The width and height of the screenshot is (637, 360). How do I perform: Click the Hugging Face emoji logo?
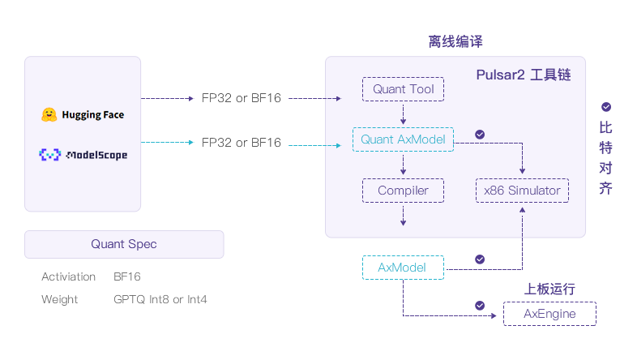[x=49, y=115]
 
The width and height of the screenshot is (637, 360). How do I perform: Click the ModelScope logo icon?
[x=49, y=154]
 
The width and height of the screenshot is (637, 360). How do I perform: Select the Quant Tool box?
[x=403, y=89]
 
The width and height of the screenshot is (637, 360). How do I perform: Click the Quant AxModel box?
[x=403, y=139]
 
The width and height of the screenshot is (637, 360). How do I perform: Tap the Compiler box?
[x=403, y=191]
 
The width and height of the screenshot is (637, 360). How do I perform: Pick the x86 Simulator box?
[x=522, y=191]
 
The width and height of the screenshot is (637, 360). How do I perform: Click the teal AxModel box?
[x=403, y=268]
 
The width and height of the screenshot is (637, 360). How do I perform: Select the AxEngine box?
[x=549, y=314]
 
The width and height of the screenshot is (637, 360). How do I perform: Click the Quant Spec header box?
[x=124, y=244]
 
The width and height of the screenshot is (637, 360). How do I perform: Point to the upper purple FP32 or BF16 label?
[x=242, y=98]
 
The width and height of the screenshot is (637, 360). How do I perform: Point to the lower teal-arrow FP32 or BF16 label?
[x=242, y=143]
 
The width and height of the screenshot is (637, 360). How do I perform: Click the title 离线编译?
[x=455, y=41]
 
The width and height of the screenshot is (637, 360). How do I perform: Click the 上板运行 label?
[x=549, y=289]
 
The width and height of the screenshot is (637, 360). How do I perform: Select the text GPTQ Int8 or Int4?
[x=160, y=299]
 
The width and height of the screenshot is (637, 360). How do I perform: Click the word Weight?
[x=60, y=299]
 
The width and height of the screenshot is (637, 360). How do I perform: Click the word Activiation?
[x=69, y=276]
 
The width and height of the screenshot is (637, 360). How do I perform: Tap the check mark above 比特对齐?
[x=606, y=107]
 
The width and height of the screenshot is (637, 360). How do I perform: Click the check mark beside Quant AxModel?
[x=479, y=134]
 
